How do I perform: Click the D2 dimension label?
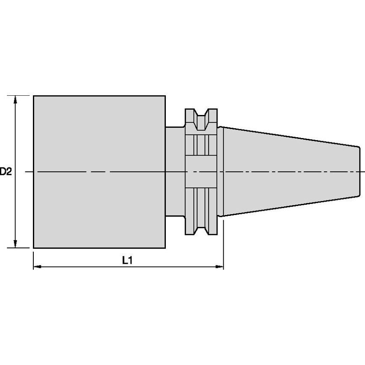pos(6,172)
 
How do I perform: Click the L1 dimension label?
pos(127,260)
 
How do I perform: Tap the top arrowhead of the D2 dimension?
pos(15,100)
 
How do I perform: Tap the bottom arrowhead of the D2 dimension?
pos(15,244)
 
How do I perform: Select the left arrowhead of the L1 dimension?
pos(38,267)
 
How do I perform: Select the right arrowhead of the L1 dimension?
pos(219,267)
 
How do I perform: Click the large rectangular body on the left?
pos(100,172)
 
